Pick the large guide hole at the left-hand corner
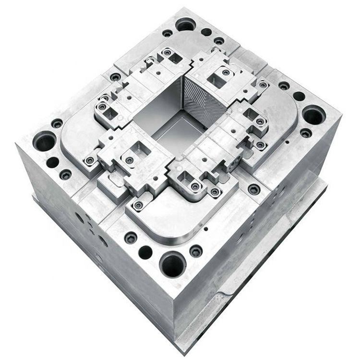point(45,142)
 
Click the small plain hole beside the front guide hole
point(145,252)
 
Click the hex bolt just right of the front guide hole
point(196,251)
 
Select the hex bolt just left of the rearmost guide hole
point(167,33)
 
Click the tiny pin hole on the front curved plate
point(205,229)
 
